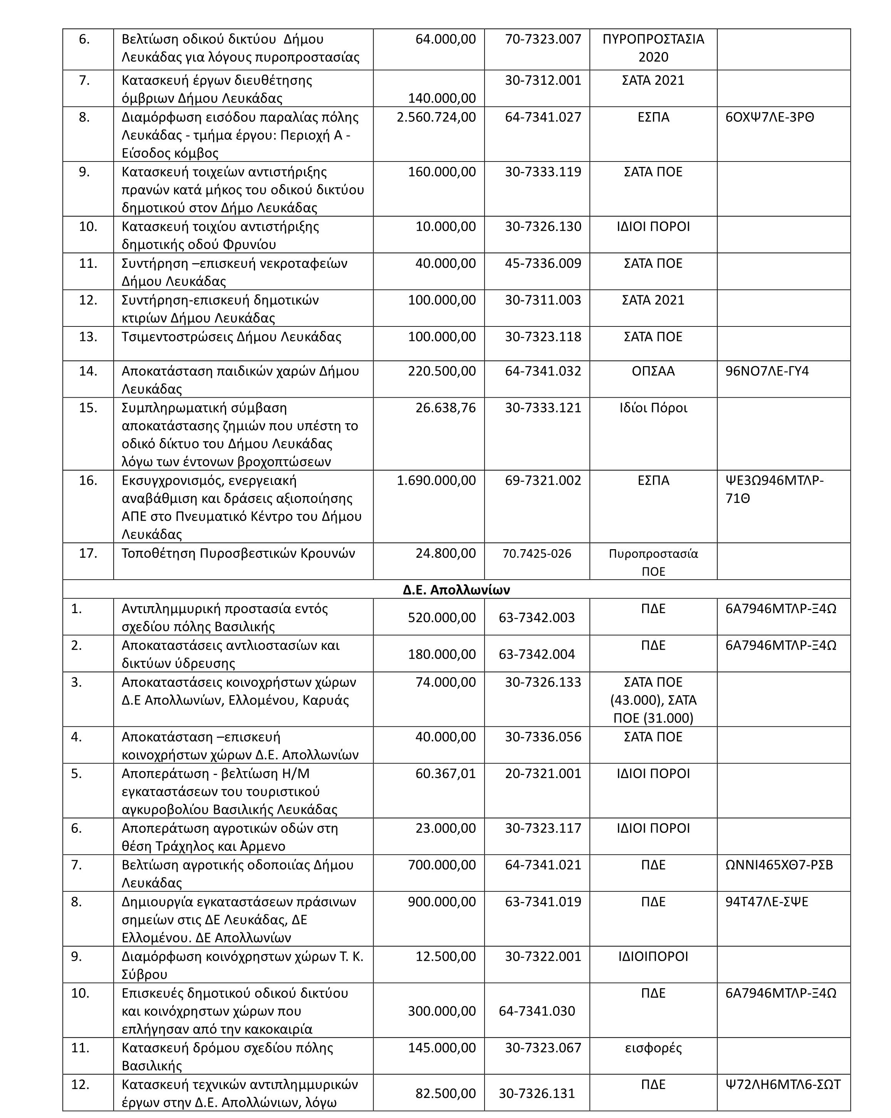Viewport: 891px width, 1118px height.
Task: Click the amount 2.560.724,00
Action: tap(436, 117)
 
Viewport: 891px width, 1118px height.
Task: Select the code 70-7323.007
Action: tap(543, 39)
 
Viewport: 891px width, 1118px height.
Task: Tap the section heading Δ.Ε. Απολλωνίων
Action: tap(456, 590)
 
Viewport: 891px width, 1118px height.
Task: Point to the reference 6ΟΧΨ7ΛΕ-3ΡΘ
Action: tap(770, 117)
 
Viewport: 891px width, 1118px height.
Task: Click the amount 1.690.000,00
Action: tap(436, 480)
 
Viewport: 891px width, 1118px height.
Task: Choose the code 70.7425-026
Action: tap(537, 553)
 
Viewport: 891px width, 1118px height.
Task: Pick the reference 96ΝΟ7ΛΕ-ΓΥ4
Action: tap(767, 371)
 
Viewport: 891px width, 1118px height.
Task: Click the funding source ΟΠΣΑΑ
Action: tap(653, 371)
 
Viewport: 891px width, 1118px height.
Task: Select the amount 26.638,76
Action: tap(445, 408)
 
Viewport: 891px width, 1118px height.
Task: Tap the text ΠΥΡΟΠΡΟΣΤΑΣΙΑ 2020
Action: tap(653, 48)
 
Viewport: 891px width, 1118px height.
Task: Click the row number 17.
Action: tap(88, 553)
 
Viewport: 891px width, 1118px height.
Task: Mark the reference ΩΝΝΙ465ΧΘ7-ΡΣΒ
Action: tap(779, 864)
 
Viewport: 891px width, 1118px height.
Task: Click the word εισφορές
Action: tap(653, 1047)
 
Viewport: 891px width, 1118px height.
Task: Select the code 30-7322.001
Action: tap(543, 956)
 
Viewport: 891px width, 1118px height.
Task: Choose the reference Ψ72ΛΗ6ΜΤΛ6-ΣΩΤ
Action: tap(783, 1084)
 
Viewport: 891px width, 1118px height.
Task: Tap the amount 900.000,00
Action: tap(441, 901)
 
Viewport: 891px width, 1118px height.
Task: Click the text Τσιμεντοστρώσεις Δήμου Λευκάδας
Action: tap(231, 337)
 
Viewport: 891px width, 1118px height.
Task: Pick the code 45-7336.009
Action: tap(543, 264)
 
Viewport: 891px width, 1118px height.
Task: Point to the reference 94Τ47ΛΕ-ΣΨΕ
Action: tap(767, 901)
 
